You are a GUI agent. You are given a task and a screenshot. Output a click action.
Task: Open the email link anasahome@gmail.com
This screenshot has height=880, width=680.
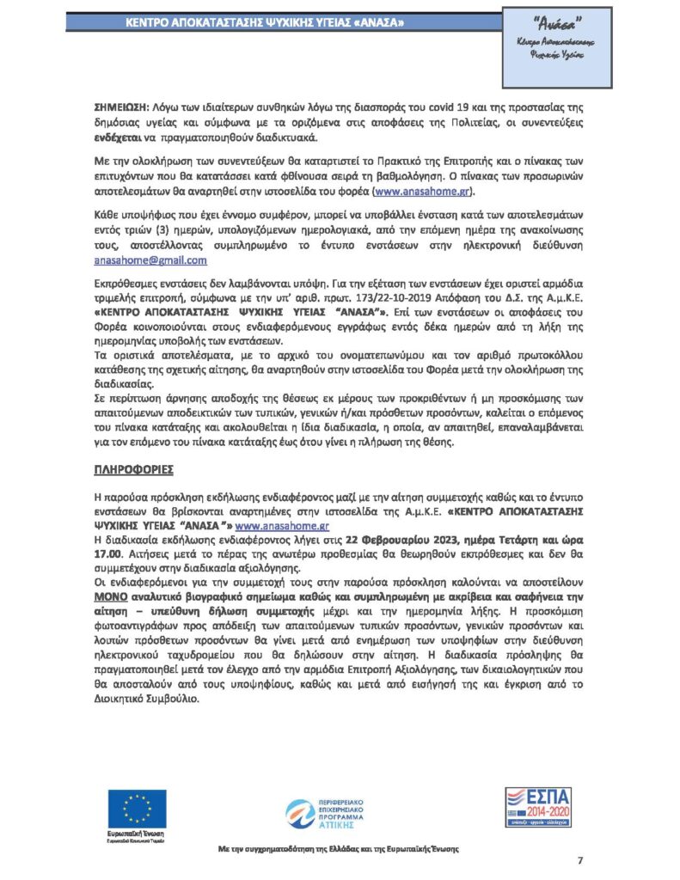pos(150,260)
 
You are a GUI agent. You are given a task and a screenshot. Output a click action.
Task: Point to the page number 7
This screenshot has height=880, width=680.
pos(579,861)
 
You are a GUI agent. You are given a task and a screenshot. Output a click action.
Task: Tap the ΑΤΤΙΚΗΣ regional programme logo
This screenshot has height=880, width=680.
pos(340,815)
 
